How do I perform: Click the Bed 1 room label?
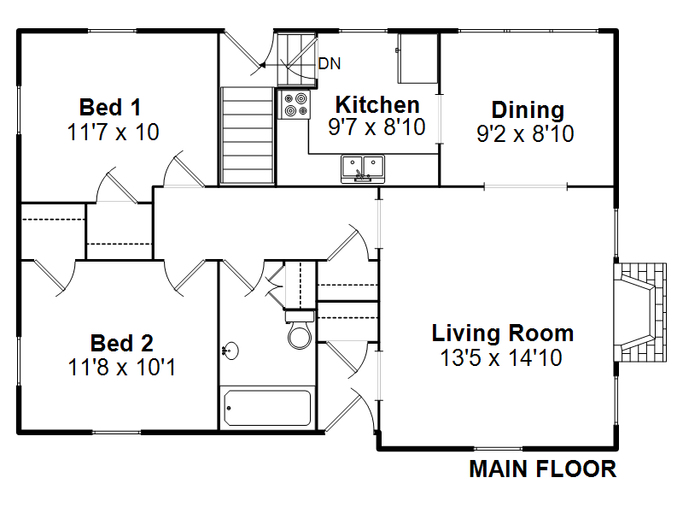110,108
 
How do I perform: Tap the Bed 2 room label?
122,344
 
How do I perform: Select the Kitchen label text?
377,104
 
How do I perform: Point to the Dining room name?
528,110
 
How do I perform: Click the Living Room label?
502,333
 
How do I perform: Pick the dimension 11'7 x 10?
114,132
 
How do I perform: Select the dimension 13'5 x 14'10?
501,357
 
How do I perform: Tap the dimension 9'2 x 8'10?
525,133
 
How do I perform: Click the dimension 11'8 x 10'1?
122,367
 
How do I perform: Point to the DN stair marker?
330,63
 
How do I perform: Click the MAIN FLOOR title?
543,469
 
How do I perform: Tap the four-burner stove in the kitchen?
294,104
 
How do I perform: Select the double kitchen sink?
363,168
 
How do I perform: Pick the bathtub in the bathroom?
267,408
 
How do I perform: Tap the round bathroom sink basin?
231,351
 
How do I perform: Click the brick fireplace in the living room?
639,312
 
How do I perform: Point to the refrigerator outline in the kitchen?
417,58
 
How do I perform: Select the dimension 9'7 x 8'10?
377,127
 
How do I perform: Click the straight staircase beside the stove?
248,135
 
